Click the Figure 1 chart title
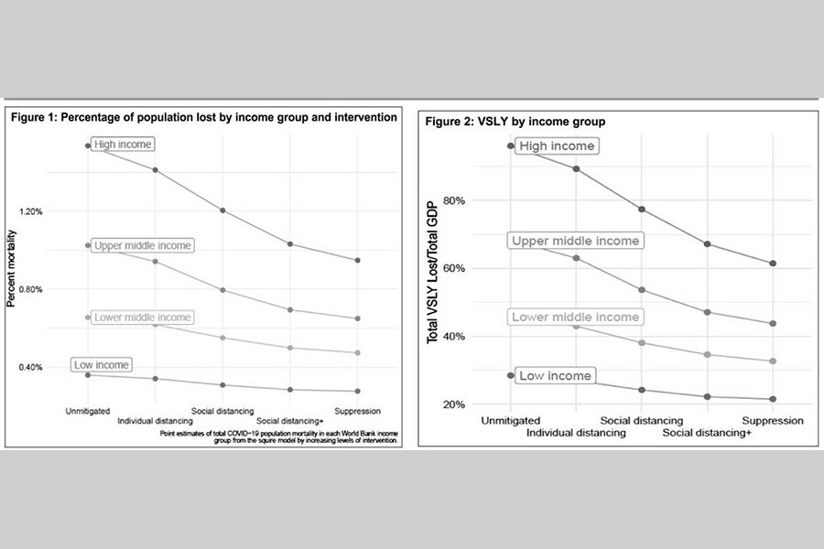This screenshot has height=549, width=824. pos(203,117)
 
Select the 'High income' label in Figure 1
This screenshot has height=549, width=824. pos(123,145)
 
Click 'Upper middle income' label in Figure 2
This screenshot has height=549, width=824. pos(575,241)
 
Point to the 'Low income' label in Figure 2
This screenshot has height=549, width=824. pos(555,375)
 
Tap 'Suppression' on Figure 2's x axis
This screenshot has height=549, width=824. pos(774,420)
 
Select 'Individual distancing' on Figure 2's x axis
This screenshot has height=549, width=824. pos(576,432)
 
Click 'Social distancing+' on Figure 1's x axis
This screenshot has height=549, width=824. pos(290,421)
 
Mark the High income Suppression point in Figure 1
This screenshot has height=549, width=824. pos(358,261)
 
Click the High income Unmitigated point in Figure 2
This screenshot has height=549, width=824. pos(511,146)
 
